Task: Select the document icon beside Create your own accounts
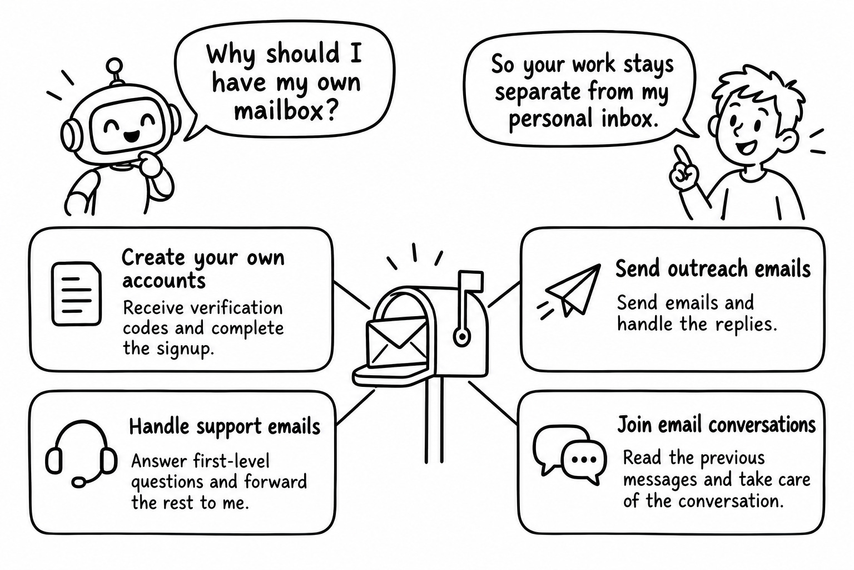(77, 293)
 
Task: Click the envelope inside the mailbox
(397, 343)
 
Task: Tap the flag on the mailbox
(471, 281)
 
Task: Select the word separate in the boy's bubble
(538, 93)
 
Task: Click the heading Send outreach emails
(713, 269)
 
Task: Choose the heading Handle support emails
(225, 426)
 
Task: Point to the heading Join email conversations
(716, 424)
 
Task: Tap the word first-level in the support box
(231, 461)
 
